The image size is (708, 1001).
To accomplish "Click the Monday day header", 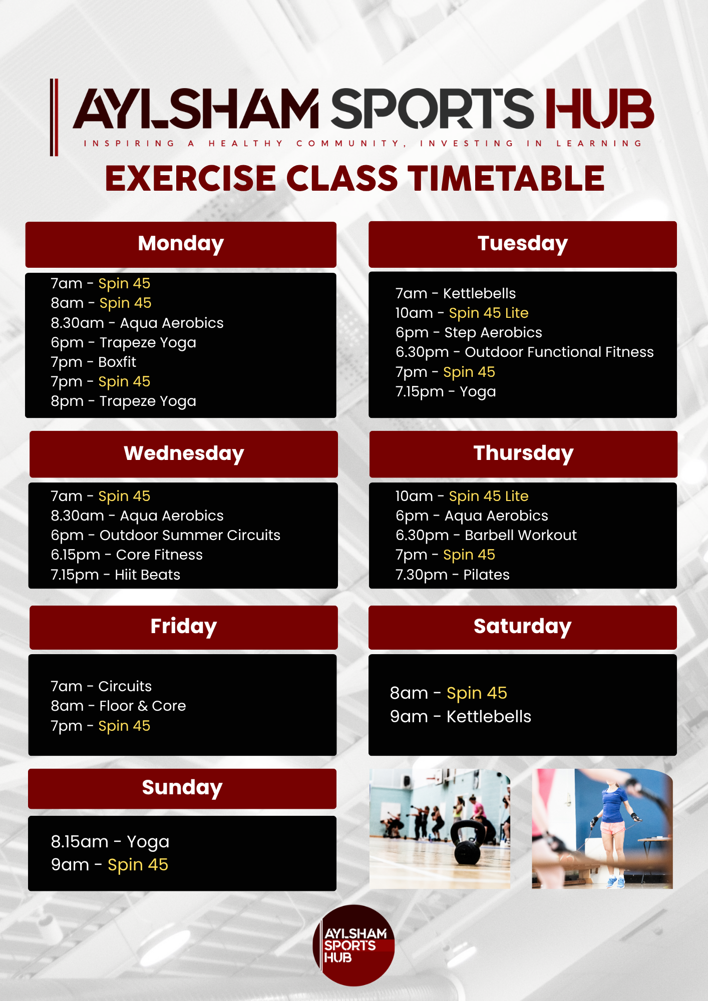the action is [x=181, y=244].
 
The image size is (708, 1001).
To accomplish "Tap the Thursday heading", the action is [x=523, y=454].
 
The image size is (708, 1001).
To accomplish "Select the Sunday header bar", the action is [x=182, y=788].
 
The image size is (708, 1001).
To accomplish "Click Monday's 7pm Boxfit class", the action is [x=94, y=362].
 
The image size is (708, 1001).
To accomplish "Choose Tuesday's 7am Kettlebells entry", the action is [x=456, y=293].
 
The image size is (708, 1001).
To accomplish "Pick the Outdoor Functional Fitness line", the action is [x=525, y=352].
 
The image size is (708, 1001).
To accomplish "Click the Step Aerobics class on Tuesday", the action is [x=469, y=333].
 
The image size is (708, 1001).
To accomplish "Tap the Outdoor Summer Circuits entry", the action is [x=165, y=536].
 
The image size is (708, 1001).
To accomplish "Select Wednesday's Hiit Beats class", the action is [x=115, y=575].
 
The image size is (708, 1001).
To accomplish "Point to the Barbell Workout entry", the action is [x=486, y=536].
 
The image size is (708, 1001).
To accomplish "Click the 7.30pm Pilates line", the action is [x=453, y=575].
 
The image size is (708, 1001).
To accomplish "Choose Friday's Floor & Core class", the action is [x=118, y=706].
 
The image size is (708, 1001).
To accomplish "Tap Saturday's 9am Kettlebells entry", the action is [x=461, y=717].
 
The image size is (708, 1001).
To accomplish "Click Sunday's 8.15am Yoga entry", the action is [x=110, y=842].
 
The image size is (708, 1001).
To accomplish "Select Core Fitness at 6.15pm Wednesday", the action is [x=127, y=555].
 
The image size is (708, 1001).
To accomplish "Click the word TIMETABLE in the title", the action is [x=506, y=179].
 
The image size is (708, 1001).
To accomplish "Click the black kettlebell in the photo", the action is [x=468, y=842].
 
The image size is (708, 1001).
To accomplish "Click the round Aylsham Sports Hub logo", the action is [x=354, y=945].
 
